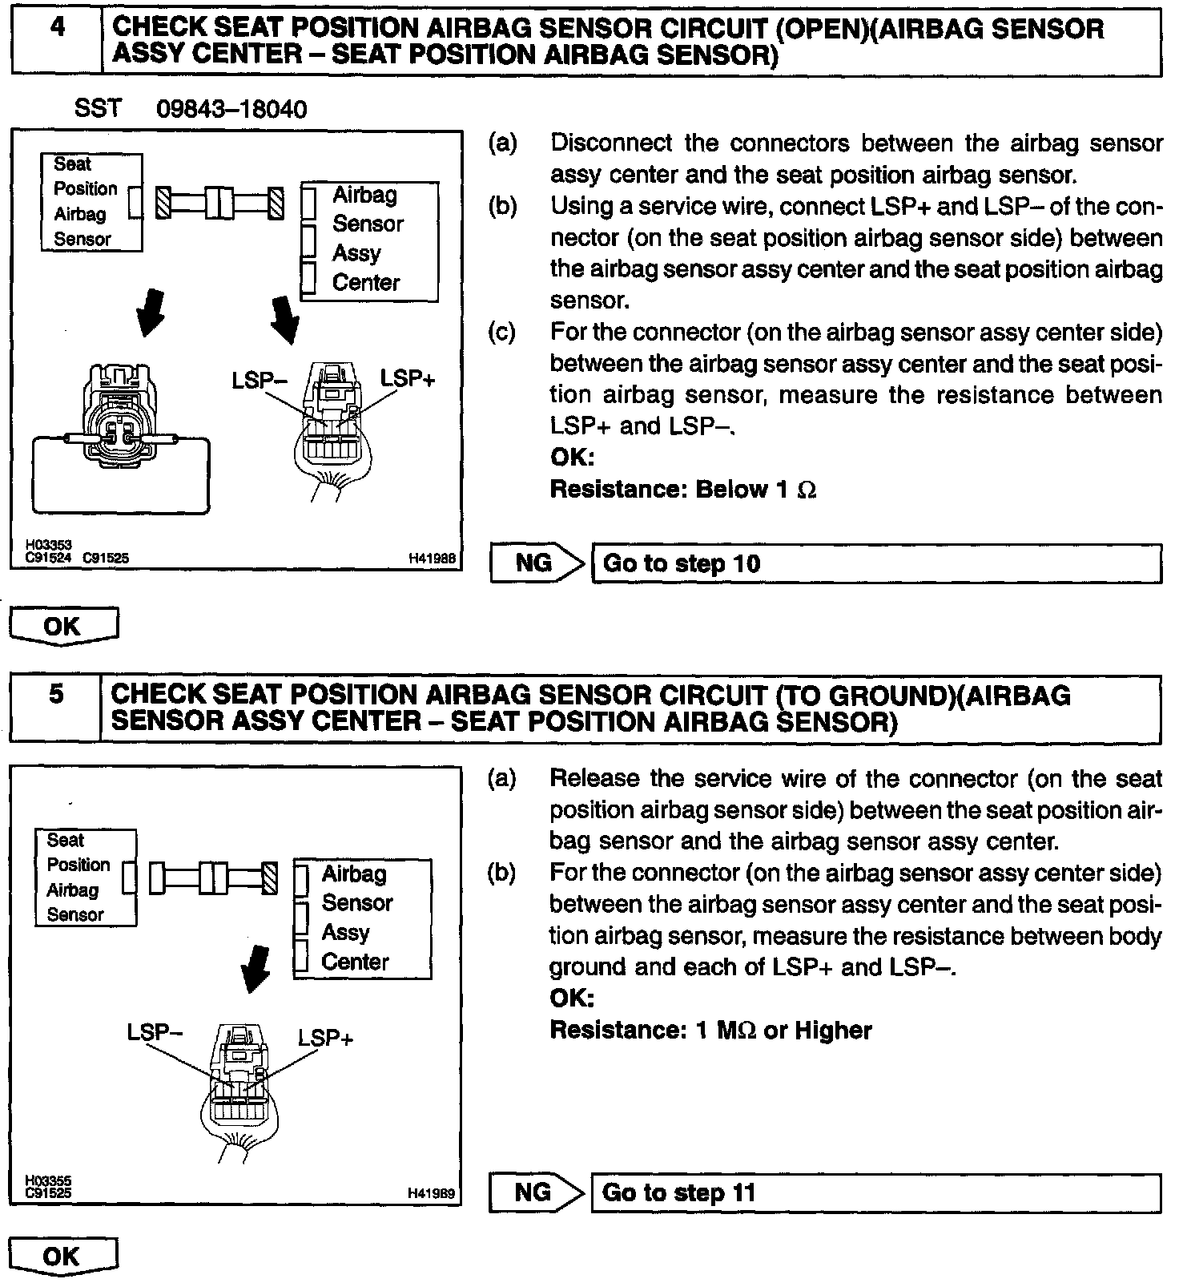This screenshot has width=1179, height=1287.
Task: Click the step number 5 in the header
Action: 55,693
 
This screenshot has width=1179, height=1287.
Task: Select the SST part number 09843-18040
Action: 231,109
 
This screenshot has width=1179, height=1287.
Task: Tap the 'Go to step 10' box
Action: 875,563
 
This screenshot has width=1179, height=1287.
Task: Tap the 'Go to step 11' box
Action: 875,1192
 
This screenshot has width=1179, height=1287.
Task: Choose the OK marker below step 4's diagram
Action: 63,626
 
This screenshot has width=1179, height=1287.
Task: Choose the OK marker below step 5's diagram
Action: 63,1257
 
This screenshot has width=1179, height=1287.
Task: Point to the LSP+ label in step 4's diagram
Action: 407,379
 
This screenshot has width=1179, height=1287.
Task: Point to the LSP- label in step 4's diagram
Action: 260,380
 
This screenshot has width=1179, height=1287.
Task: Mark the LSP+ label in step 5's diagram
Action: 325,1039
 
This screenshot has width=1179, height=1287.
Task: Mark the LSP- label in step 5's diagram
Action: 155,1032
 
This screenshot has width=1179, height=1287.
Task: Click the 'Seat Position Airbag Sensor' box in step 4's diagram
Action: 91,202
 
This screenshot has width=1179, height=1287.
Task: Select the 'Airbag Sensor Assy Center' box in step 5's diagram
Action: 362,918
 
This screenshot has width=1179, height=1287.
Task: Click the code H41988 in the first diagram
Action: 432,559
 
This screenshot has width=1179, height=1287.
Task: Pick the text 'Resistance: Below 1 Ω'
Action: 683,490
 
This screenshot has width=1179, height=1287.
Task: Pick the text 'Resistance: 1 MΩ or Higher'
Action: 710,1030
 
